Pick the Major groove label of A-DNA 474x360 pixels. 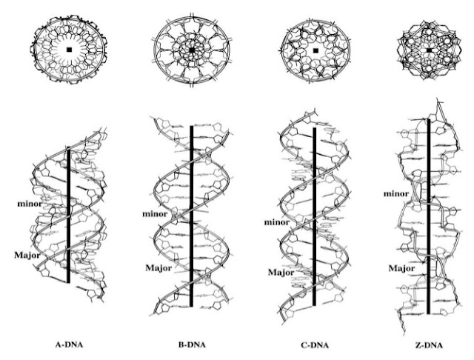pos(27,256)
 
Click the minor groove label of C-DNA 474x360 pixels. pos(278,221)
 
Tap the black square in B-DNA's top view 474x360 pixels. pos(192,50)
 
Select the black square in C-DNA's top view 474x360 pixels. pos(316,50)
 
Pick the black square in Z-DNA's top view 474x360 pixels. pos(430,50)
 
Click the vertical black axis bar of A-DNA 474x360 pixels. pos(69,215)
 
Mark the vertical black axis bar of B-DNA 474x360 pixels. pos(192,215)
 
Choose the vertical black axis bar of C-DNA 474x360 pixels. pos(316,215)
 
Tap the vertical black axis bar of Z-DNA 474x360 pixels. pos(430,215)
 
